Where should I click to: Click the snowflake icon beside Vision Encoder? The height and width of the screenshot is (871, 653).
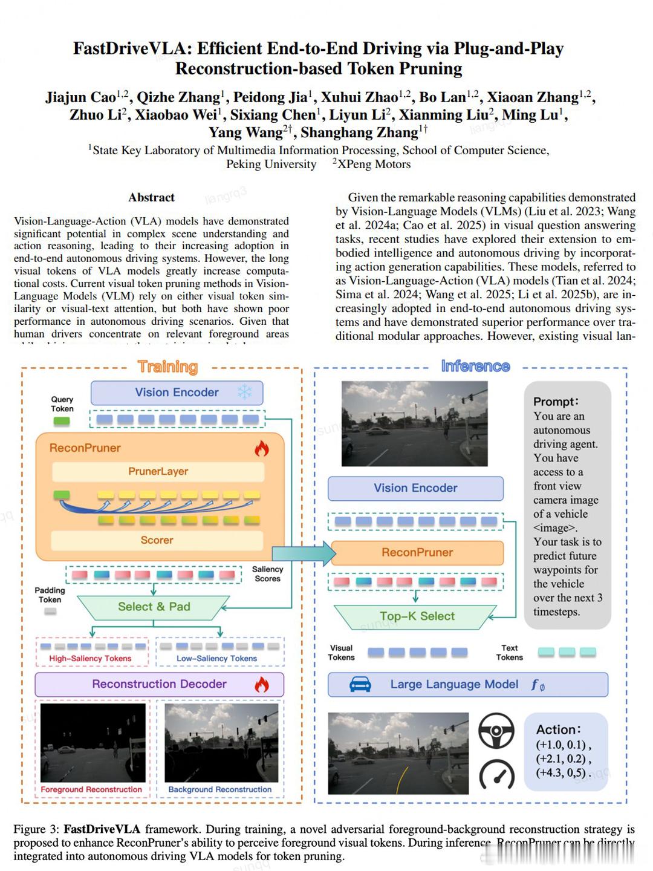click(x=244, y=392)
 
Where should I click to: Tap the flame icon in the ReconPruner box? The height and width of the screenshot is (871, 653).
click(x=261, y=448)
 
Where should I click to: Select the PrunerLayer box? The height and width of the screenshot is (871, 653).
click(x=158, y=471)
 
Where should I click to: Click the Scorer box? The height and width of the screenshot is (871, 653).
click(x=157, y=540)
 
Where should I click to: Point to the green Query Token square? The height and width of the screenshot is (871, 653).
click(x=62, y=422)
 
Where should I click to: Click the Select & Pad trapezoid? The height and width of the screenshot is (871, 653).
click(x=154, y=607)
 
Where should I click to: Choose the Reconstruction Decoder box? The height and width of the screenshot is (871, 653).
click(x=159, y=684)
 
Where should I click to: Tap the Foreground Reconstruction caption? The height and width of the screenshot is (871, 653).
click(x=91, y=789)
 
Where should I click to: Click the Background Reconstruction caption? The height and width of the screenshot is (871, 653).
click(x=219, y=789)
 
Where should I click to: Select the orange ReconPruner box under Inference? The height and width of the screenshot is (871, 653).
click(x=417, y=552)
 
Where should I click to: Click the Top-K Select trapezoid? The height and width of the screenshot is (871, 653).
click(x=417, y=616)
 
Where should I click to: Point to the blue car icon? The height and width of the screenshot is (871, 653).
click(x=360, y=684)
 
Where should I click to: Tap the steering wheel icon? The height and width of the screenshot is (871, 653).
click(x=496, y=731)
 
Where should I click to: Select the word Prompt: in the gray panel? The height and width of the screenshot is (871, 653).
click(x=556, y=402)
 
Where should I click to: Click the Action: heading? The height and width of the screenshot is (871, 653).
click(x=558, y=729)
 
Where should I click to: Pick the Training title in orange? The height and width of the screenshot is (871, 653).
click(x=167, y=367)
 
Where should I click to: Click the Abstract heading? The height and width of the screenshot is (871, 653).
click(x=151, y=197)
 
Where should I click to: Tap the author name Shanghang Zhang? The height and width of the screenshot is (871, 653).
click(x=359, y=132)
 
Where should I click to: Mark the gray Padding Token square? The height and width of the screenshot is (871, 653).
click(x=50, y=612)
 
